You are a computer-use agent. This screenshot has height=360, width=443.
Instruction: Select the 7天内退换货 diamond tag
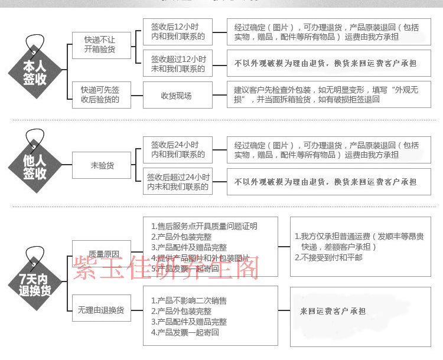point(35,283)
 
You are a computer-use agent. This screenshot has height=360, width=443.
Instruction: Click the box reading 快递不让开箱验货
point(99,45)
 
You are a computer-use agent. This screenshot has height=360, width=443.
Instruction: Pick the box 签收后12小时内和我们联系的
point(178,32)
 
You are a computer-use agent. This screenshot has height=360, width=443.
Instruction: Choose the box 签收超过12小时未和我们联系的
point(178,64)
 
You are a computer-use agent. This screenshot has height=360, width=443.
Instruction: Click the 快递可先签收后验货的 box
point(99,95)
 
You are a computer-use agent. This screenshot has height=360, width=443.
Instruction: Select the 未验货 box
point(102,166)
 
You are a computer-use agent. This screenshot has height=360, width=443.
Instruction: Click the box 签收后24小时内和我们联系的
point(178,149)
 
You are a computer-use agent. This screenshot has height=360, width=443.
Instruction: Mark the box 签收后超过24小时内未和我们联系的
point(178,182)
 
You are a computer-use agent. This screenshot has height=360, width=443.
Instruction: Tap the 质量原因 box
point(101,253)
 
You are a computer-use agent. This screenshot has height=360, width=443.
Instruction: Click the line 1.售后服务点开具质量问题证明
point(204,226)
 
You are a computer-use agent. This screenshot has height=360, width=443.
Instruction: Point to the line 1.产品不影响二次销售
point(189,300)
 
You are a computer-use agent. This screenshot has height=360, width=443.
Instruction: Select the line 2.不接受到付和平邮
point(328,257)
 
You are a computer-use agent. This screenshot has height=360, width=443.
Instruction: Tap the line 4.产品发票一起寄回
point(185,332)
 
